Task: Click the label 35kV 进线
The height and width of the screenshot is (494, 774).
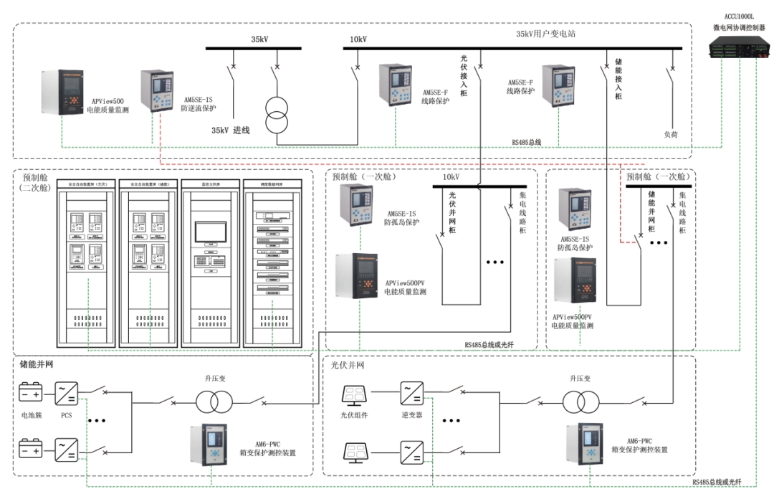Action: (x=230, y=130)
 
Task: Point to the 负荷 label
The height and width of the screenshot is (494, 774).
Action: (x=671, y=134)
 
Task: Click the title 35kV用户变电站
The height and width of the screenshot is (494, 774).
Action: (x=546, y=34)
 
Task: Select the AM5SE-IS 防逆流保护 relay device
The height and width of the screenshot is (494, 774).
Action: (x=157, y=90)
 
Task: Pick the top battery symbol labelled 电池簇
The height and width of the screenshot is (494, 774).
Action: (x=30, y=393)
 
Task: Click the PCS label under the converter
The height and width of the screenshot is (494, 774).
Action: (x=67, y=415)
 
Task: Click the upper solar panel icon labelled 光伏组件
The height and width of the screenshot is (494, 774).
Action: (x=357, y=394)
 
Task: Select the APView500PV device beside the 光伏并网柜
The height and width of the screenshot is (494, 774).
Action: (x=356, y=275)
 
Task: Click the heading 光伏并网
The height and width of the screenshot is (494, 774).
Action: (x=348, y=365)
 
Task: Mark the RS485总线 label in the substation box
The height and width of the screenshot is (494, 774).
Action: (x=526, y=143)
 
